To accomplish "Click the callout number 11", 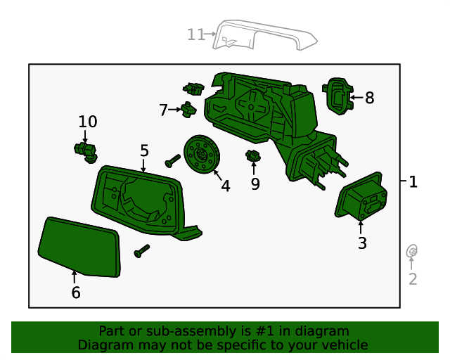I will click(x=195, y=34).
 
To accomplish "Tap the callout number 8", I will click(x=369, y=98).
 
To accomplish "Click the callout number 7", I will click(x=163, y=110).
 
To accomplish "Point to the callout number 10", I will click(x=88, y=121).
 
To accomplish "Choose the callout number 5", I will click(x=144, y=150).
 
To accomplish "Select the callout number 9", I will click(x=255, y=184).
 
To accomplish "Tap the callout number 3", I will click(x=362, y=243).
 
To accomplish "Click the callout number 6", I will click(x=76, y=292).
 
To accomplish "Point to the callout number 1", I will click(x=413, y=181).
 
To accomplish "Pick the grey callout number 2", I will click(x=413, y=279).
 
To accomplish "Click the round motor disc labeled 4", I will click(x=202, y=153).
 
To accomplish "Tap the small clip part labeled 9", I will click(x=253, y=156).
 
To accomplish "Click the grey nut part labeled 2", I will click(x=413, y=251).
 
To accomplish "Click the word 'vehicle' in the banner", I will click(x=343, y=345).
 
